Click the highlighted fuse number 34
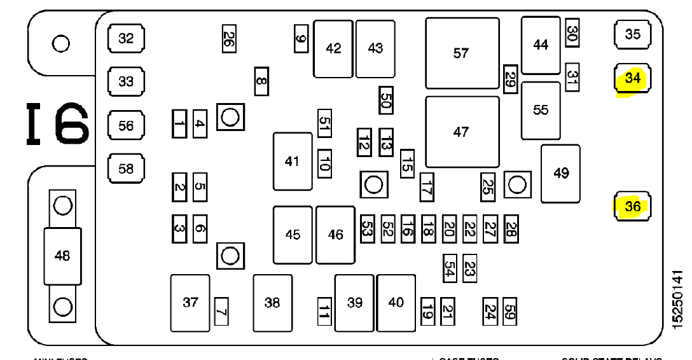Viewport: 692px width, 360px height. pyautogui.click(x=633, y=79)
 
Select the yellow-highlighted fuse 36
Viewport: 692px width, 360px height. pyautogui.click(x=633, y=207)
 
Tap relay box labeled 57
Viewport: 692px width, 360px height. pyautogui.click(x=462, y=53)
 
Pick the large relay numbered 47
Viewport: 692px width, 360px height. pyautogui.click(x=462, y=132)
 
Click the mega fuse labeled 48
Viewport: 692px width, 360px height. pyautogui.click(x=62, y=256)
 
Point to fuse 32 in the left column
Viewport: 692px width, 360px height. pyautogui.click(x=126, y=38)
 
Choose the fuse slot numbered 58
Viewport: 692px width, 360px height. pyautogui.click(x=126, y=169)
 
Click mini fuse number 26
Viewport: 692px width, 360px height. pyautogui.click(x=228, y=40)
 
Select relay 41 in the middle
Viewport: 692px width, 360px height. pyautogui.click(x=293, y=162)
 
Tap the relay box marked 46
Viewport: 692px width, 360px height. pyautogui.click(x=335, y=235)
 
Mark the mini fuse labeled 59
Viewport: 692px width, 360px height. pyautogui.click(x=509, y=311)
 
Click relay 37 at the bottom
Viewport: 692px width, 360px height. pyautogui.click(x=190, y=303)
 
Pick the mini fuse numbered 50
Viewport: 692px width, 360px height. pyautogui.click(x=385, y=100)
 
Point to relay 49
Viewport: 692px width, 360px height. pyautogui.click(x=560, y=173)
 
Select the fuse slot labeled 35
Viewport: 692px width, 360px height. pyautogui.click(x=633, y=34)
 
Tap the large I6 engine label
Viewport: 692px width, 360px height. pyautogui.click(x=57, y=124)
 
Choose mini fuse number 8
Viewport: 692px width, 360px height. pyautogui.click(x=261, y=81)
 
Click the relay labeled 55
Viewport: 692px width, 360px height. pyautogui.click(x=541, y=110)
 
